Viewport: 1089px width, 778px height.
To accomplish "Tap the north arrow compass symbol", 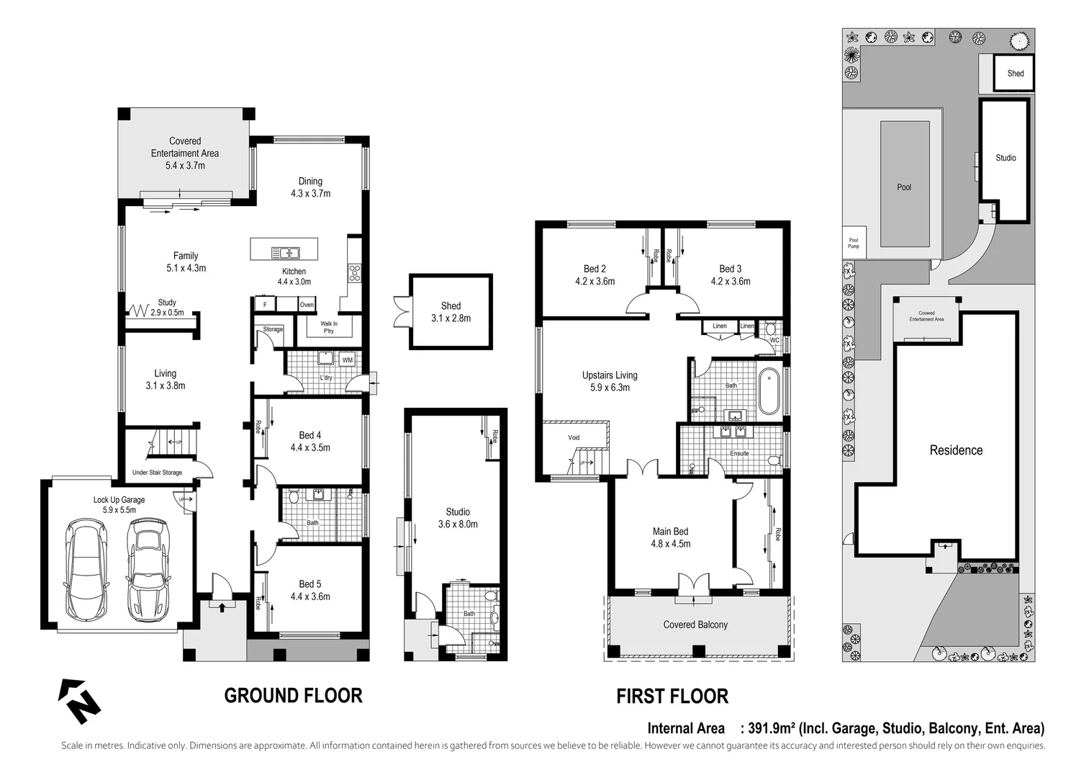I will [x=78, y=701].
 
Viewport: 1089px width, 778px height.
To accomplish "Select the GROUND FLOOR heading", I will [x=293, y=696].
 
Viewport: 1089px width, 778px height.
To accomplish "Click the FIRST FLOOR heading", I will [x=672, y=697].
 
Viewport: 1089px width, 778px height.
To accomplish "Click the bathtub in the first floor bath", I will [x=769, y=392].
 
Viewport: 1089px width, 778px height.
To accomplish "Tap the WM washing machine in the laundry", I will [x=348, y=359].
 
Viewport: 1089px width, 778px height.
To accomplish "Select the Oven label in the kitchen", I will [x=307, y=305].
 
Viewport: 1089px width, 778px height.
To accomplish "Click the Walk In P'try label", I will [x=329, y=328].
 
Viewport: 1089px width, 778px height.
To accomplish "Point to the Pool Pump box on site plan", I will [x=853, y=243].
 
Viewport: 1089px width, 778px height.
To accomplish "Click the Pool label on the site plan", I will [x=904, y=187].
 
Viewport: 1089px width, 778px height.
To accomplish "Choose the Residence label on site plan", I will [x=956, y=450].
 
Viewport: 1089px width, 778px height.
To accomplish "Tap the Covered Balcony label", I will [x=695, y=625].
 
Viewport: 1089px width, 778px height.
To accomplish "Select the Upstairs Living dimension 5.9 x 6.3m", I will [x=610, y=388].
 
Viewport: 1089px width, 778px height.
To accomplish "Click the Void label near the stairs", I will [x=574, y=437].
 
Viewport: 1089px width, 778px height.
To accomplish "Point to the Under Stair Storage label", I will [x=157, y=473].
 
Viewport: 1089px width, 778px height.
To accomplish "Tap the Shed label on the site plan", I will [x=1015, y=73].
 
